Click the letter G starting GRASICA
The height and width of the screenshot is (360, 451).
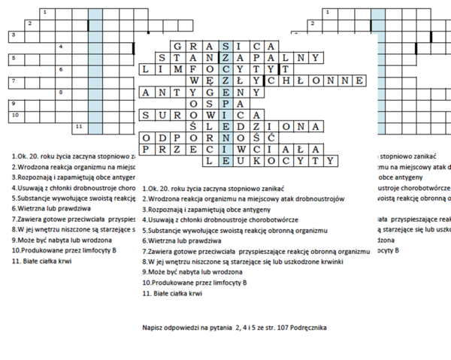[x=177, y=45]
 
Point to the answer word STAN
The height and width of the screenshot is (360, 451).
[x=185, y=57]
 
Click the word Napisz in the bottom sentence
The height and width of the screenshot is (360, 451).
[x=153, y=328]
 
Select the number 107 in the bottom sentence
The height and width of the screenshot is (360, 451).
[x=277, y=328]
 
